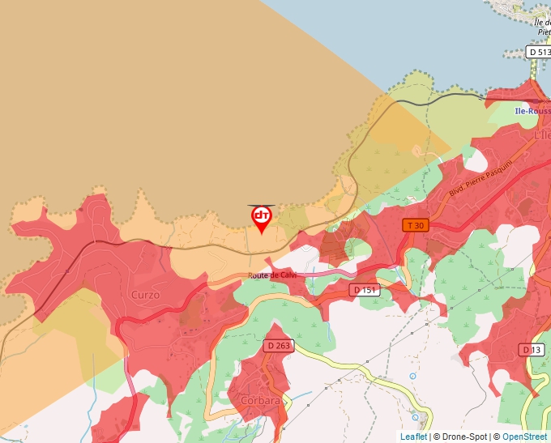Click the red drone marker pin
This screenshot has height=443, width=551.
click(262, 218)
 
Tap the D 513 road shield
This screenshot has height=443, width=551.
click(539, 52)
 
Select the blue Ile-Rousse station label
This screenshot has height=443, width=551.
click(532, 111)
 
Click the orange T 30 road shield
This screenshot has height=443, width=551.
click(416, 225)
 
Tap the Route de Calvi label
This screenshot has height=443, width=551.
click(272, 275)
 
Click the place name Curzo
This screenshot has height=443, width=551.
click(145, 295)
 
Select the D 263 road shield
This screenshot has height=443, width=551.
click(278, 346)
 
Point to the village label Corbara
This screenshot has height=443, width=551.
click(259, 400)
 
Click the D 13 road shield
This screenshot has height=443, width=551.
click(532, 349)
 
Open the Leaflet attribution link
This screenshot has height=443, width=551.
click(413, 437)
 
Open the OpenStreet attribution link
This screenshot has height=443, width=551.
click(524, 437)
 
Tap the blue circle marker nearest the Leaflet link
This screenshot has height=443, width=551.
click(416, 417)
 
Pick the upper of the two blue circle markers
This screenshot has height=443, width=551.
click(412, 376)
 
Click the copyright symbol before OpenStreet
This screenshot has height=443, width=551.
click(497, 437)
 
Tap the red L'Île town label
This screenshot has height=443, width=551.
click(542, 135)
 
